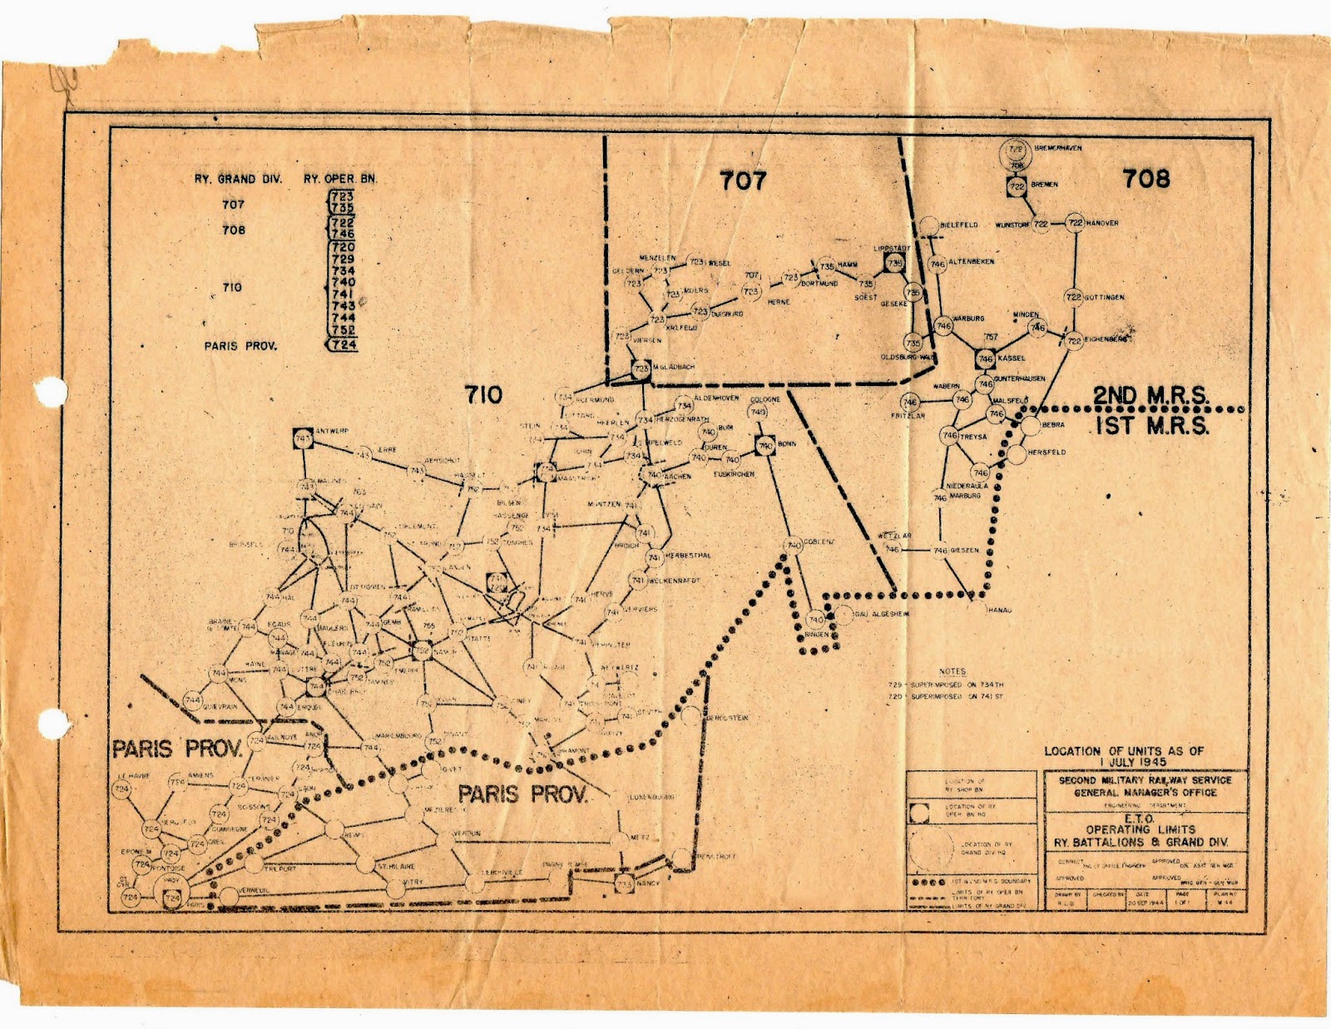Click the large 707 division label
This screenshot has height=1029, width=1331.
coord(743,180)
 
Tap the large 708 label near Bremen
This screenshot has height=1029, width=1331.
coord(1146,178)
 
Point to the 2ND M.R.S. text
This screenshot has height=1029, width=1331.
coord(1150,396)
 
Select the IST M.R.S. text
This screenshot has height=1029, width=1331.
coord(1151,426)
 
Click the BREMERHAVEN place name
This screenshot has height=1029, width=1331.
coord(1058,148)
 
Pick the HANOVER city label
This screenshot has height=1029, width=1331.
coord(1102,223)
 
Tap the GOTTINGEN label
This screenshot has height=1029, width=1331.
coord(1106,297)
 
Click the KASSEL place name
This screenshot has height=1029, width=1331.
coord(1012,359)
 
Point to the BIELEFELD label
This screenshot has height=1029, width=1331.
coord(959,225)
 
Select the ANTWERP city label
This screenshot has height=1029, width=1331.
coord(333,431)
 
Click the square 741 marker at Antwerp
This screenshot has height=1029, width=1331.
coord(303,438)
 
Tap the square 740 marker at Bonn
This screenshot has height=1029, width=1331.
coord(765,446)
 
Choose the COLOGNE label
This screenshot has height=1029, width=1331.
coord(765,399)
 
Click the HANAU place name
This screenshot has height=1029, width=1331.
coord(999,611)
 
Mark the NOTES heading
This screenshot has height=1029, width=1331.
coord(952,671)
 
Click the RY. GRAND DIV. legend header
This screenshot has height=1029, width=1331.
coord(238,179)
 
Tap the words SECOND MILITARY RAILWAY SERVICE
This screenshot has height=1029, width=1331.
coord(1145,780)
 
